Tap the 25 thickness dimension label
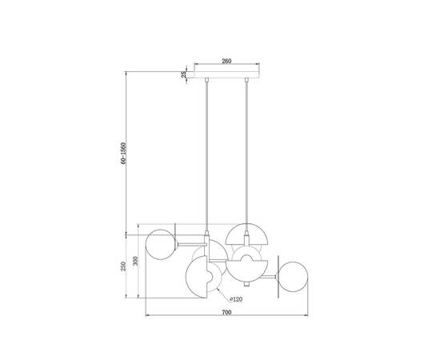[x=184, y=74]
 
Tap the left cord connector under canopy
[x=207, y=80]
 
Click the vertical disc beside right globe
[x=276, y=275]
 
